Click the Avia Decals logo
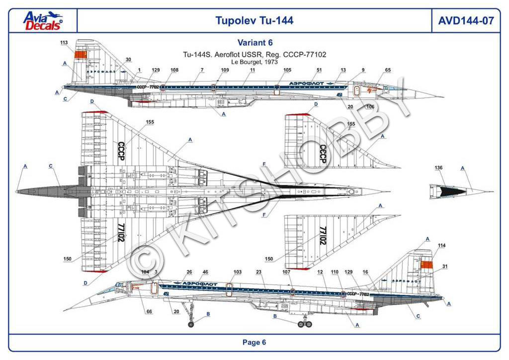43,20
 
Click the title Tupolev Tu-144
254,20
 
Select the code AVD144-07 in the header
465,20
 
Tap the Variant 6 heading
254,43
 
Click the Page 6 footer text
254,342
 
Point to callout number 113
64,43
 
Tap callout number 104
145,272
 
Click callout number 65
388,71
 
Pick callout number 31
445,267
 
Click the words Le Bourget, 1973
254,62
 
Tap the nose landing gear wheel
192,325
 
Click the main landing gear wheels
304,325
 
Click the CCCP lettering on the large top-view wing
121,151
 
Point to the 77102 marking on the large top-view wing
121,232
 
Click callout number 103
238,272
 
